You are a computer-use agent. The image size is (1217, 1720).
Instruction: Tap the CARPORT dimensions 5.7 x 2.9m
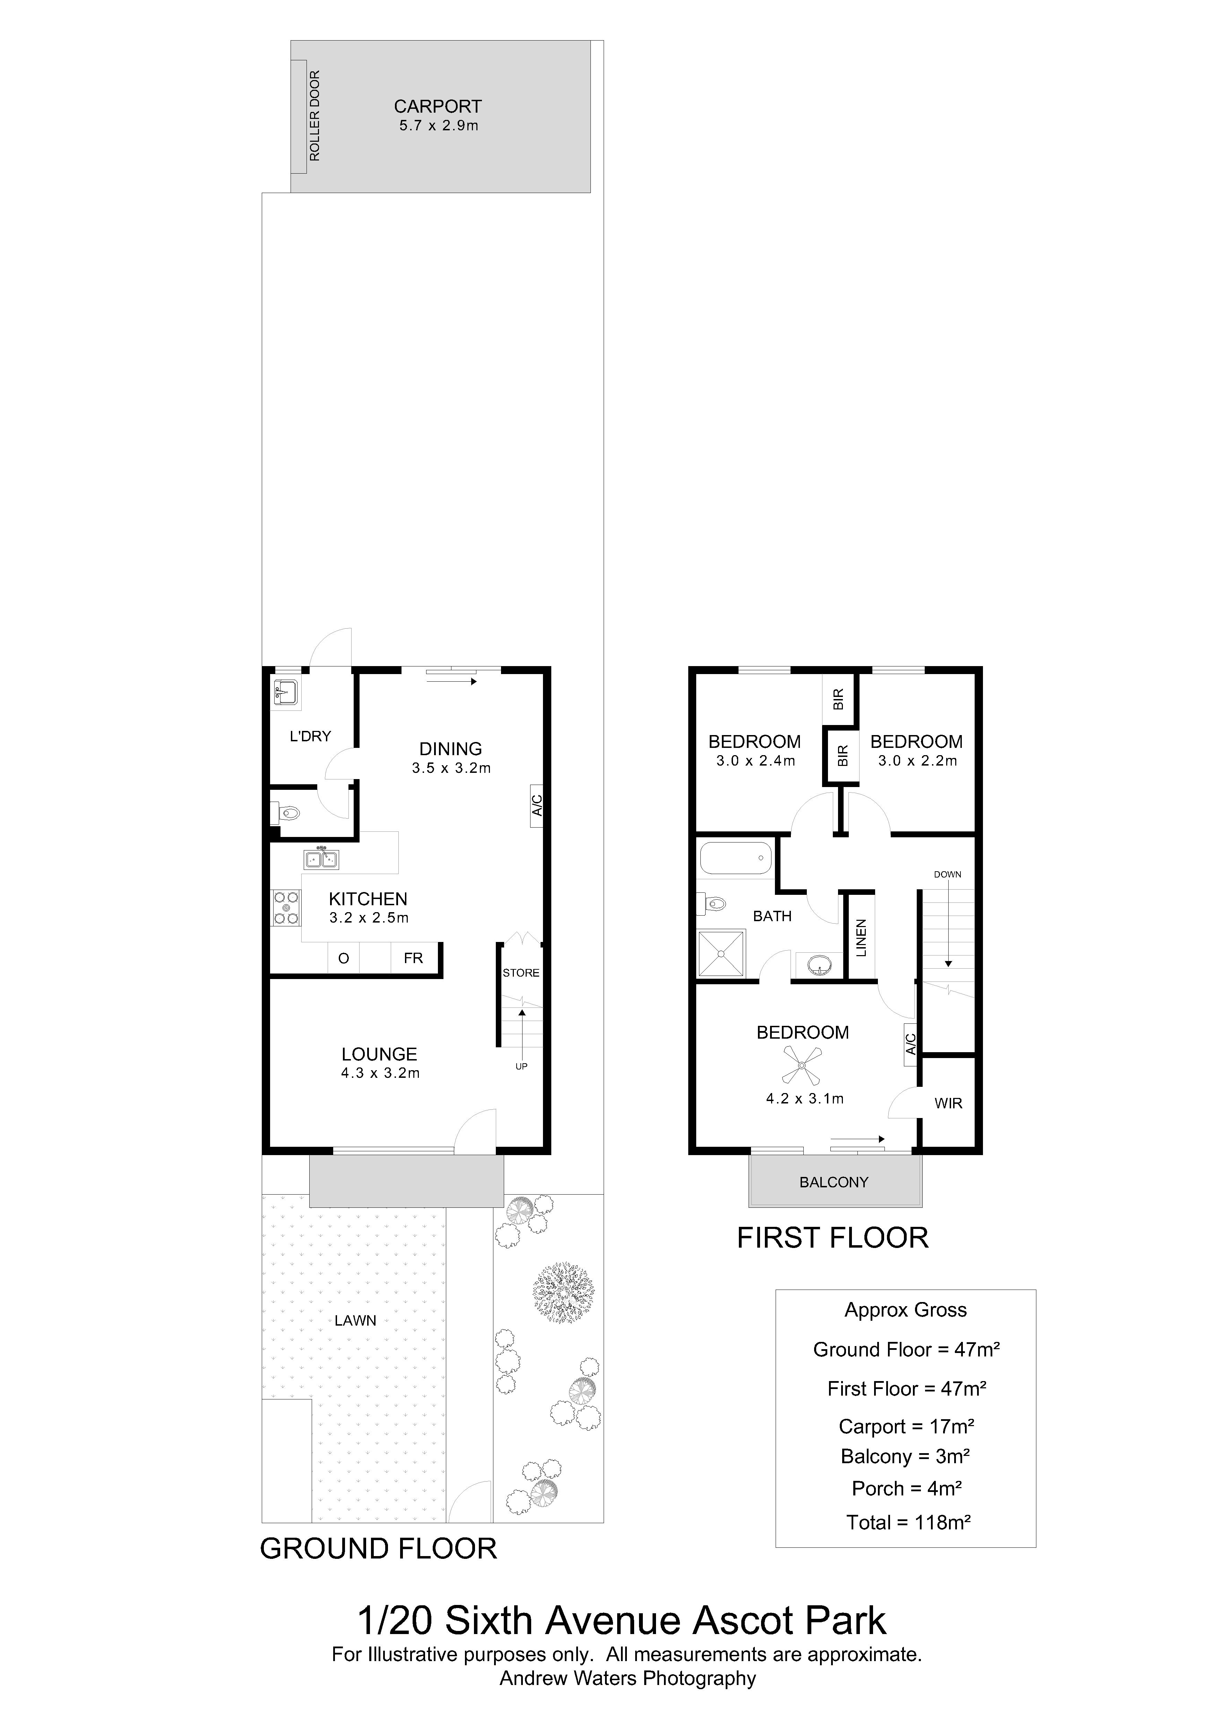tap(438, 126)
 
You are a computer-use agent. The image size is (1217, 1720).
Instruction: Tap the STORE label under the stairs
tap(521, 973)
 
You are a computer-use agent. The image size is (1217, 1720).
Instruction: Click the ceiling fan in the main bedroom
tap(801, 1065)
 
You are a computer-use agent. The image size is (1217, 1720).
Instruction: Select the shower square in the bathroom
tap(722, 954)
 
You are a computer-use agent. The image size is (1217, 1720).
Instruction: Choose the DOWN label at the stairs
tap(947, 874)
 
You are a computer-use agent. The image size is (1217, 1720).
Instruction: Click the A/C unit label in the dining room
tap(537, 805)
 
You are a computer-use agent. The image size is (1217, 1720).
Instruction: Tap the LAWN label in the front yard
tap(355, 1321)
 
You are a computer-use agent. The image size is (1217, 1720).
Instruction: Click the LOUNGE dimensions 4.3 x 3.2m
tap(380, 1073)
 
